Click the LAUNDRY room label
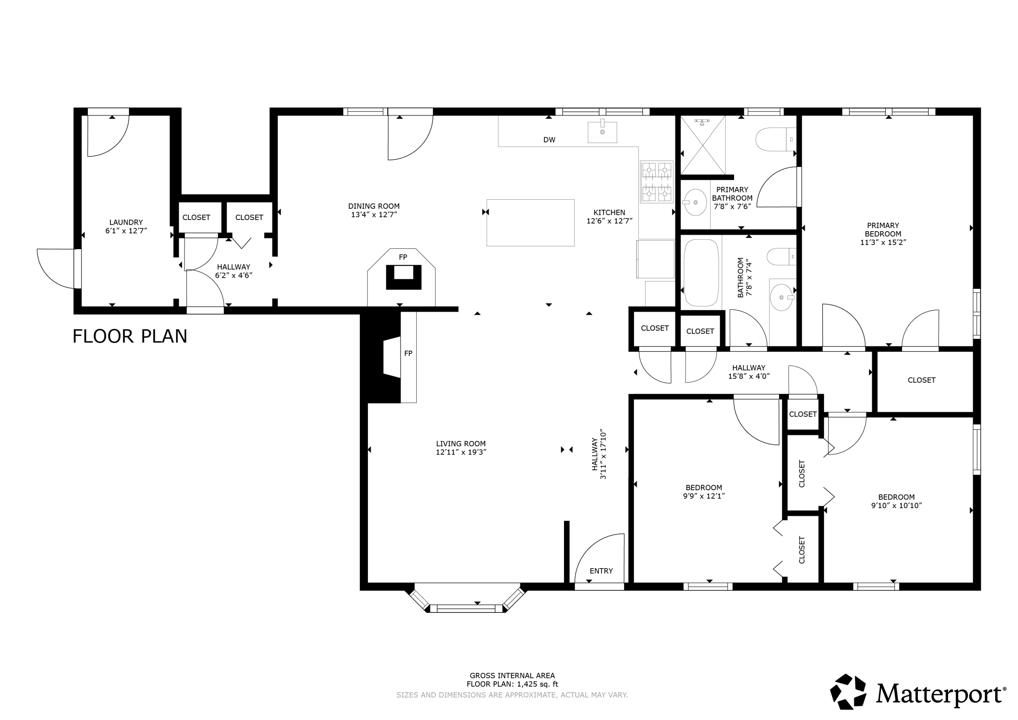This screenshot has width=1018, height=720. pos(126,222)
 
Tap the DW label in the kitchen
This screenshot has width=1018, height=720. pos(549,140)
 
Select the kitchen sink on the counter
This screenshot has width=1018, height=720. pos(602,132)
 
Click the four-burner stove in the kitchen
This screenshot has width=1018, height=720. pos(657,182)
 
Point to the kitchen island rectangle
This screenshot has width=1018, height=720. pos(530,223)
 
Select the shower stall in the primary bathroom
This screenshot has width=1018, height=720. pos(703,145)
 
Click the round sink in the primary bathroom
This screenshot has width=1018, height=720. pos(695,202)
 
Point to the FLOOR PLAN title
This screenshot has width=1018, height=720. pos(130,336)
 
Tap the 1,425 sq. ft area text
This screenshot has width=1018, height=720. pos(538,684)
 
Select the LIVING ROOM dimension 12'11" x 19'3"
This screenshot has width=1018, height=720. pos(461,452)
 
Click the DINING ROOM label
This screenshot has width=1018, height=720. pos(374,206)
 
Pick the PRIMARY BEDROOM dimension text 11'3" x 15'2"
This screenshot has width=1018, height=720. pos(883,242)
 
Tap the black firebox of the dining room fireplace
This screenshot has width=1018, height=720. pos(403,277)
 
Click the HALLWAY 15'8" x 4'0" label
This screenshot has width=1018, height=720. pos(749,372)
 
